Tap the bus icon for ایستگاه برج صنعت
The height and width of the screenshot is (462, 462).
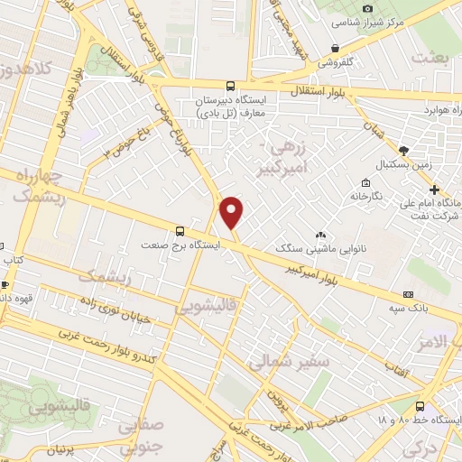pyautogui.click(x=180, y=230)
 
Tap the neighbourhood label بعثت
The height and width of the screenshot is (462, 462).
pyautogui.click(x=430, y=57)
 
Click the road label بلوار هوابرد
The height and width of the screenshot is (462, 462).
pyautogui.click(x=432, y=108)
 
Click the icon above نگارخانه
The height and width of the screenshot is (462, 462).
pyautogui.click(x=365, y=180)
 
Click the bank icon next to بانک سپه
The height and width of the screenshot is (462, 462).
pyautogui.click(x=409, y=294)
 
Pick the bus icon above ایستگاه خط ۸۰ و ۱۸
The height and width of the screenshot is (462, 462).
pyautogui.click(x=420, y=406)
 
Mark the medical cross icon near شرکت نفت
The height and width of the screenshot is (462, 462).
pyautogui.click(x=435, y=189)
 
